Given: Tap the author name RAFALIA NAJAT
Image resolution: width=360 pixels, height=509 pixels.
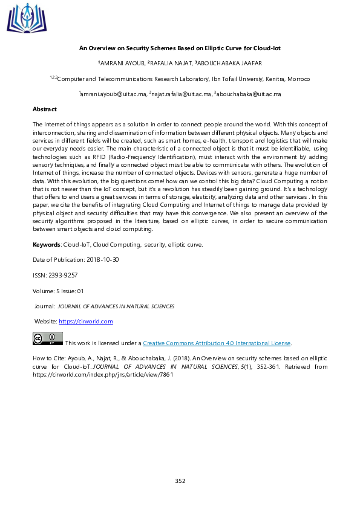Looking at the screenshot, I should [171, 63].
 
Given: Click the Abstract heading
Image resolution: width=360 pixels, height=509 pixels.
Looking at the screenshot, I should [44, 109].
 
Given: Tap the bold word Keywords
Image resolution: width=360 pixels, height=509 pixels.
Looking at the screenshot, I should [47, 244].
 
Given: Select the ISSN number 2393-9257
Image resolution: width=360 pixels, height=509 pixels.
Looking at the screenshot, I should [62, 275].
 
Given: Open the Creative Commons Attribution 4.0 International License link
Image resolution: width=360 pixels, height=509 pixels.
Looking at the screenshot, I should [217, 343].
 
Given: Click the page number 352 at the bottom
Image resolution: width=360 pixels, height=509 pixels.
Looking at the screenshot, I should [180, 481].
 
